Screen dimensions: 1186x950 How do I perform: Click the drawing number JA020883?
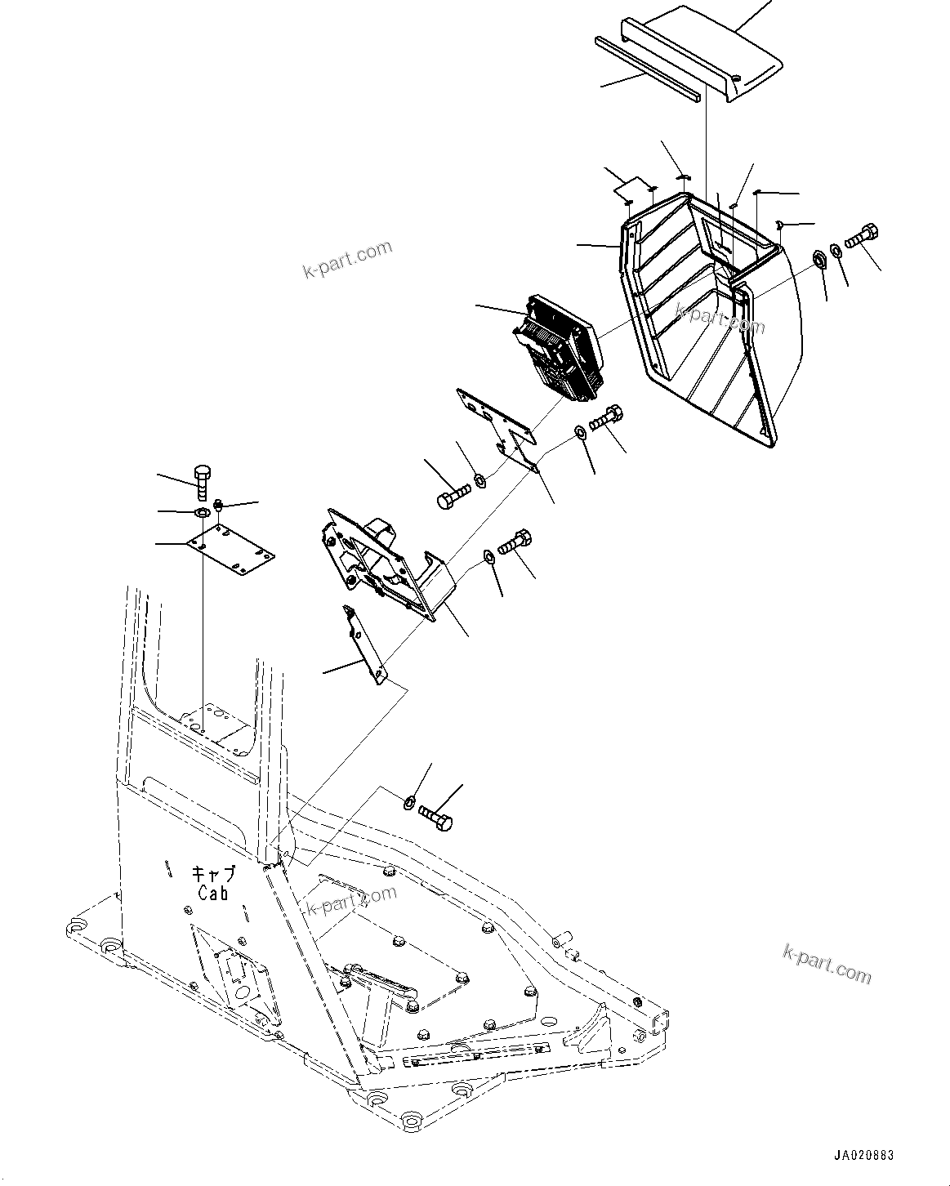tap(863, 1156)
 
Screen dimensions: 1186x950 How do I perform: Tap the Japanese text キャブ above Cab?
tap(214, 874)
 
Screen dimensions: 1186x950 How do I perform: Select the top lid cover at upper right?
tap(702, 53)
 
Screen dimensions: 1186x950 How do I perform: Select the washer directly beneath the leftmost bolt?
tap(200, 513)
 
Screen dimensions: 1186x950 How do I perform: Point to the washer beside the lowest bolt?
tap(410, 802)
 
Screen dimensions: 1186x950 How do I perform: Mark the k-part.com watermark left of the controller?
tap(349, 259)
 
